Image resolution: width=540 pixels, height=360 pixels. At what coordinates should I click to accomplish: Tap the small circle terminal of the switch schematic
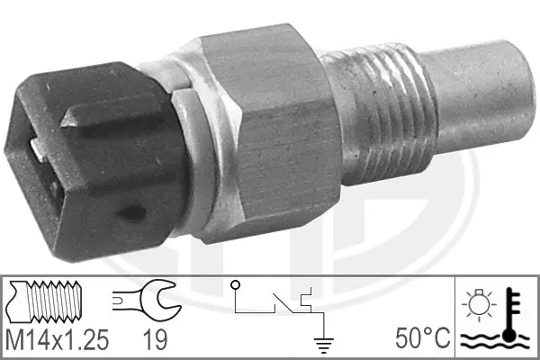coord(237,285)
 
